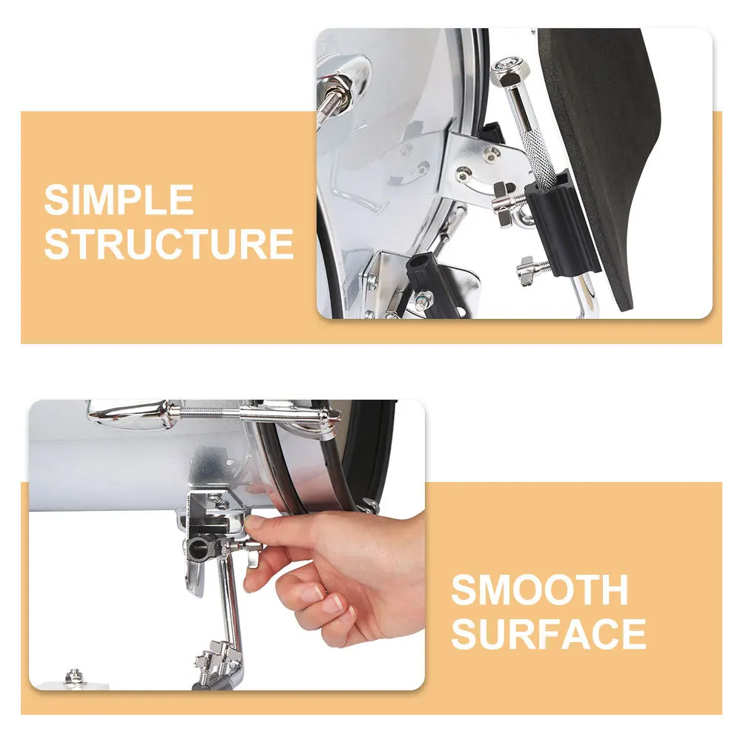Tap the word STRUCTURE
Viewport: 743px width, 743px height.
click(168, 245)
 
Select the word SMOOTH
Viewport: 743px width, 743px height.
click(540, 590)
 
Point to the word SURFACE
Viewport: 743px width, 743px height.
click(549, 634)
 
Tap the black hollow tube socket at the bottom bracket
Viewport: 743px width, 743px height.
click(425, 274)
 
